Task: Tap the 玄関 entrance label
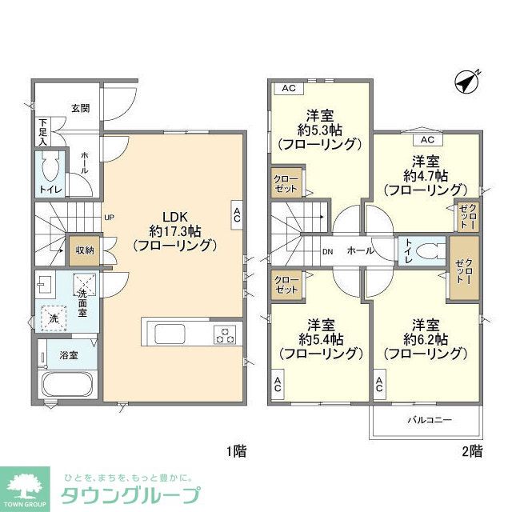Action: click(80, 108)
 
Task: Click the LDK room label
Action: click(174, 216)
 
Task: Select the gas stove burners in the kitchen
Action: click(226, 334)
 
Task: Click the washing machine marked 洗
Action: click(53, 317)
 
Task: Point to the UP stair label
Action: click(109, 217)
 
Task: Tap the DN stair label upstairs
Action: click(327, 251)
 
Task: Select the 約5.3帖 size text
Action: click(319, 128)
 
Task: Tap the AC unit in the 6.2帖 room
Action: click(379, 384)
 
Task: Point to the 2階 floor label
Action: click(472, 451)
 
